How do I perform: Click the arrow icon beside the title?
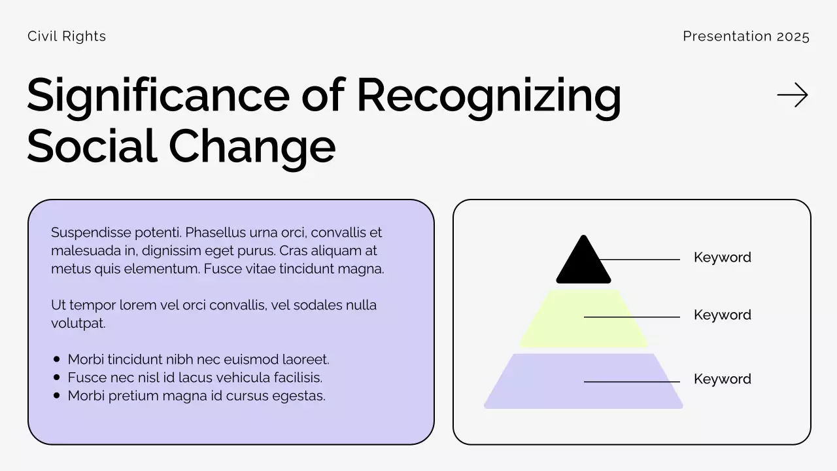point(793,96)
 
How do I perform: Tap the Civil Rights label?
point(67,37)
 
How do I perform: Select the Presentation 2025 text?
point(746,37)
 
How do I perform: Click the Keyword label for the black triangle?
point(722,258)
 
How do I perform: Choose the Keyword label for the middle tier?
point(722,315)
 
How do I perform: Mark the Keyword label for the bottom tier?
point(722,379)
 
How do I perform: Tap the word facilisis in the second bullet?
point(298,377)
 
